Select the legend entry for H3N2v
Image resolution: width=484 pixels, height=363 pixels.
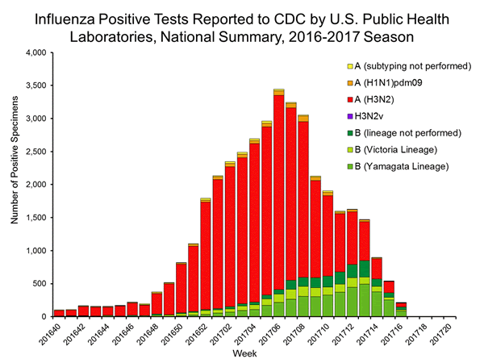[378, 117]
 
